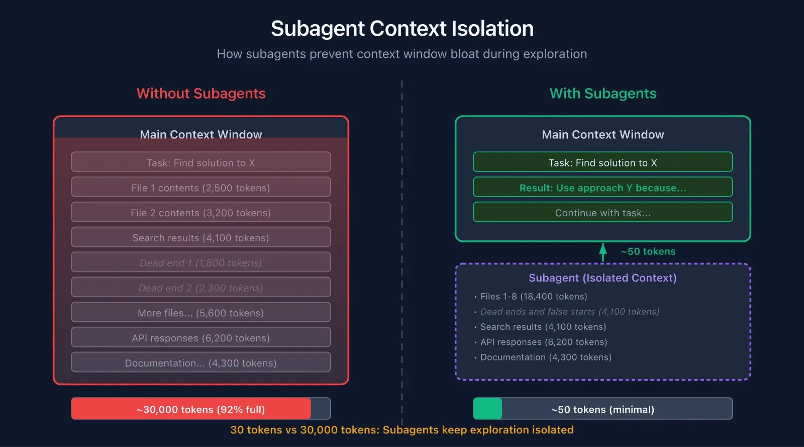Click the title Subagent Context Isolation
pos(402,29)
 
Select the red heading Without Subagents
pos(201,94)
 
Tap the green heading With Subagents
pos(603,94)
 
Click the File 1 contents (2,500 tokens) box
pos(201,188)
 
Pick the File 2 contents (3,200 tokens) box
pos(201,213)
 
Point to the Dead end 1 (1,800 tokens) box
pos(201,262)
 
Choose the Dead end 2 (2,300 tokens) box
pos(201,288)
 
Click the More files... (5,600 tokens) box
pos(201,313)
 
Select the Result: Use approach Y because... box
pos(602,188)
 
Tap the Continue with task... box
pos(602,213)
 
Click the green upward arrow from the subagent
pos(603,252)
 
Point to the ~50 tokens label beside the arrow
pos(648,251)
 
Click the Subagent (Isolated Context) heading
pos(602,278)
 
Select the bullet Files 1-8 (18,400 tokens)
pos(533,297)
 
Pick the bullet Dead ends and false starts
pos(569,312)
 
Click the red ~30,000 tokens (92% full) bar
pos(191,409)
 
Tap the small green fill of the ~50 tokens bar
pos(487,409)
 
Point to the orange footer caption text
pos(402,430)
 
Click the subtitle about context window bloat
pos(402,54)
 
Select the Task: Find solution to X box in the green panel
pos(602,162)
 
